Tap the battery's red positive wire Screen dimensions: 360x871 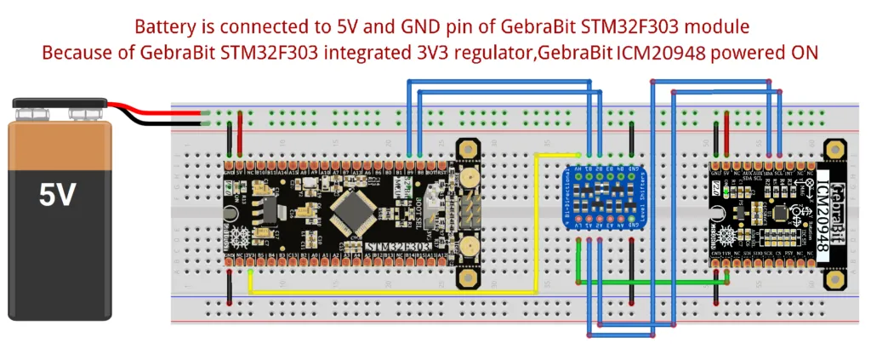click(162, 111)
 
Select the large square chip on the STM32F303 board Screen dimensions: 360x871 click(356, 208)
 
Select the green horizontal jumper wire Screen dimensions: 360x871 click(646, 280)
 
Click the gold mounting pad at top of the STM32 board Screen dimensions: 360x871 click(466, 151)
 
